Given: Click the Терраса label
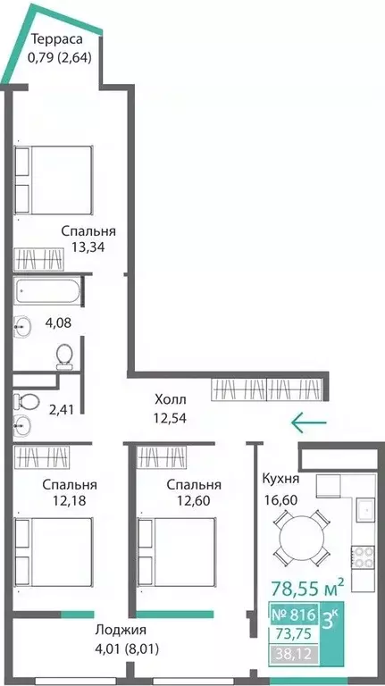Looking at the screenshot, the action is coord(57,40).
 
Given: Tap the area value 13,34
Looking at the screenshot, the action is coord(88,247).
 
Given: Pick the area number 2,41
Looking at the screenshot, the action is coord(62,410).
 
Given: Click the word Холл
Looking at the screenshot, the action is coord(171,399).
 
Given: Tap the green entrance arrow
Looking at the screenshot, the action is coord(309,422).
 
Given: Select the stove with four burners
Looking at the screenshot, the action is coord(364,557).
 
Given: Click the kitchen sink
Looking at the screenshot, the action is coord(364,510).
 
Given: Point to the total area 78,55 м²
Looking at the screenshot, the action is coord(307,588).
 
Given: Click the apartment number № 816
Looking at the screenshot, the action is coord(294,615).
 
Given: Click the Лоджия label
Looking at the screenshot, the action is coord(121,631).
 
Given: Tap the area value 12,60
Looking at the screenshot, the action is coord(194,500).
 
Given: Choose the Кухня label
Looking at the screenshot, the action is coord(280,479).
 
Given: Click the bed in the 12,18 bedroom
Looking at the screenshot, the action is coord(54,552).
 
